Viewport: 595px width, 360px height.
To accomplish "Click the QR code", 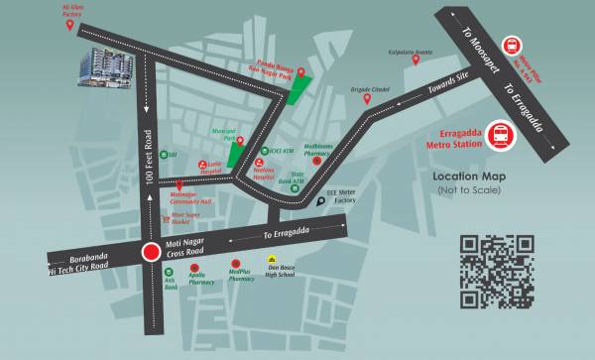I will point(497,271).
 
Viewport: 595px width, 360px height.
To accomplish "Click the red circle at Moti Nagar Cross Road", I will point(151,253).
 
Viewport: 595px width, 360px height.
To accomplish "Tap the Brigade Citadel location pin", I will point(367,98).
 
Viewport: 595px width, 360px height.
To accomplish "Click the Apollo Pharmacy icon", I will point(194,268).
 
